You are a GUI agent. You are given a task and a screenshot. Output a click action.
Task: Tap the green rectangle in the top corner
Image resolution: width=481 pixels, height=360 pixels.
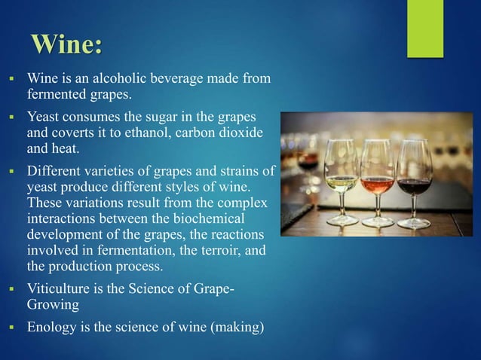coord(425,28)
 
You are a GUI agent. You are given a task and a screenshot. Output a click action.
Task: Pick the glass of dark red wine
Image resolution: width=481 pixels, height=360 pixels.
coord(414,177)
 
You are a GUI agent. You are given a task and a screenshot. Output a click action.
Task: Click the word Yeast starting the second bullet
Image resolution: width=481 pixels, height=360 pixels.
coord(44,118)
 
